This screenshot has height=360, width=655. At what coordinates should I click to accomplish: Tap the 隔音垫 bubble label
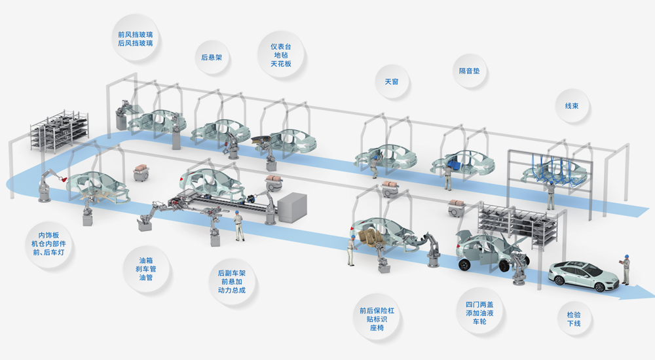(x=469, y=71)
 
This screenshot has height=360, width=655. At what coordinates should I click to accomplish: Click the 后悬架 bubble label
(x=212, y=57)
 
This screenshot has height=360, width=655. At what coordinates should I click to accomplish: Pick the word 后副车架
(x=231, y=272)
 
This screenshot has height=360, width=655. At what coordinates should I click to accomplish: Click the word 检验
(x=574, y=315)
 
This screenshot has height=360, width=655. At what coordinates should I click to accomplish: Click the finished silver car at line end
(x=582, y=275)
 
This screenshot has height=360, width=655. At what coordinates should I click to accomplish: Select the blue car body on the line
(x=463, y=164)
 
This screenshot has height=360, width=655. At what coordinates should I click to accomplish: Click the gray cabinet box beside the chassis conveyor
(x=291, y=208)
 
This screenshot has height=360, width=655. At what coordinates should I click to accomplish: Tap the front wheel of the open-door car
(x=464, y=265)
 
